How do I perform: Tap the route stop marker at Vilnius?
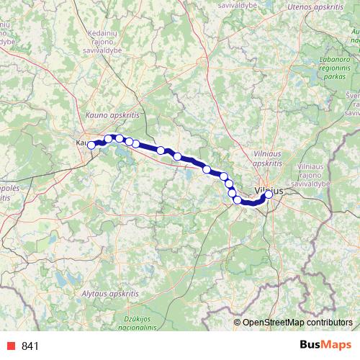pyautogui.click(x=269, y=194)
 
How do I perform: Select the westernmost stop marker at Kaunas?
pyautogui.click(x=91, y=145)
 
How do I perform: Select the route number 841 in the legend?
pyautogui.click(x=30, y=346)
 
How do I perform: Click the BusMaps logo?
pyautogui.click(x=323, y=345)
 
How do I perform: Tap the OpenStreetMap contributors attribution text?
pyautogui.click(x=298, y=322)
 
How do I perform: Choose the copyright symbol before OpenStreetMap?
pyautogui.click(x=238, y=322)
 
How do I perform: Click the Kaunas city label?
pyautogui.click(x=83, y=143)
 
